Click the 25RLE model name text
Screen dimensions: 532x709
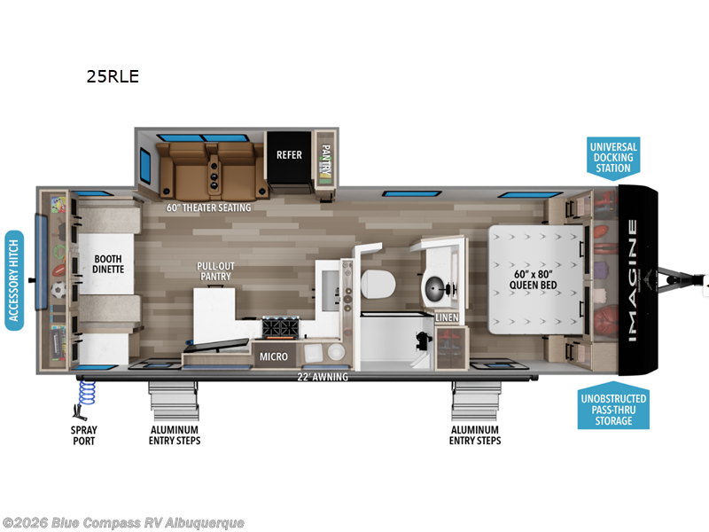tap(113, 76)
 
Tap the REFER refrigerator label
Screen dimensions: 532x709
tap(289, 155)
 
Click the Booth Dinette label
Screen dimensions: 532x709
tap(108, 263)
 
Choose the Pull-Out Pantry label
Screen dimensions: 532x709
tap(214, 270)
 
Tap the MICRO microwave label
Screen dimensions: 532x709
tap(273, 356)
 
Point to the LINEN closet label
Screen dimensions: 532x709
tap(446, 317)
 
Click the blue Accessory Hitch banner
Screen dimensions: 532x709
tap(14, 280)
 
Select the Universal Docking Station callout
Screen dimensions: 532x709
tap(613, 157)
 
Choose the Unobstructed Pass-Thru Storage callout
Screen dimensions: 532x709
tap(613, 410)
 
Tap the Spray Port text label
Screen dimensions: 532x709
tap(84, 435)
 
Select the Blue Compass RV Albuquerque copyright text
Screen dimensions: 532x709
tap(123, 522)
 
